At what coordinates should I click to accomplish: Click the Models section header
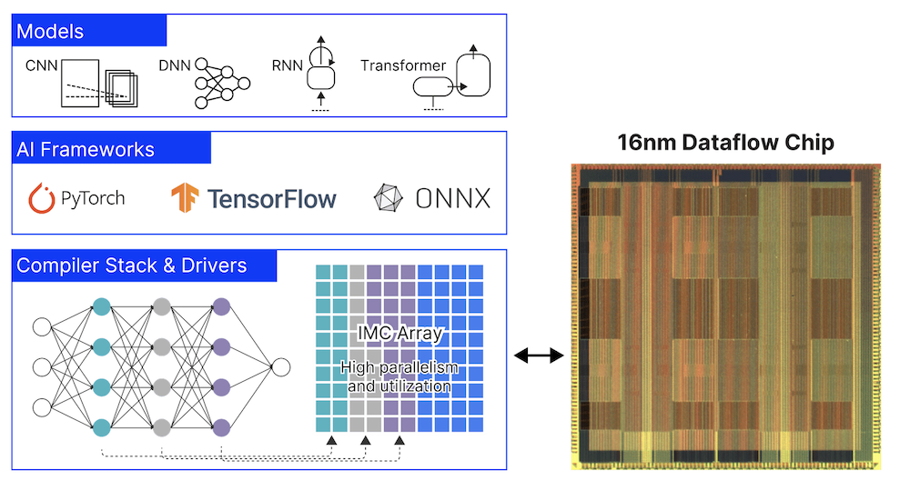click(50, 32)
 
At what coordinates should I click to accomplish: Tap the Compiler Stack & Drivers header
click(132, 266)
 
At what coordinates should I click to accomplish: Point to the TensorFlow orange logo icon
click(185, 197)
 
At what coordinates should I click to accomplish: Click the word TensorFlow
click(272, 198)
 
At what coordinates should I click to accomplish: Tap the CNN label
click(41, 65)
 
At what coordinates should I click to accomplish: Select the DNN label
click(175, 65)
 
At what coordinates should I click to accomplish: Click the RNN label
click(288, 65)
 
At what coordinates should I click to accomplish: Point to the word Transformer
click(403, 65)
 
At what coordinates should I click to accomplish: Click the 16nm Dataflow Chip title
click(724, 143)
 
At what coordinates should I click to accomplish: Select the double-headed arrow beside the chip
click(539, 356)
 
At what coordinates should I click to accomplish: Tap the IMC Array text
click(400, 334)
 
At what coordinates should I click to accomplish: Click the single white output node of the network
click(280, 367)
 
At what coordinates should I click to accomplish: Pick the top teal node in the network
click(102, 307)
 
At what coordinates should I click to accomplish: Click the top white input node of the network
click(42, 327)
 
